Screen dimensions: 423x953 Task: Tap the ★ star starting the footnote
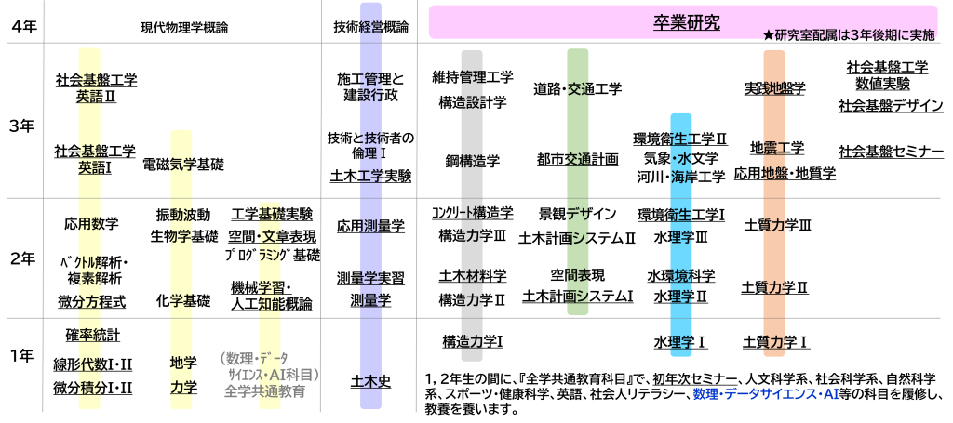pos(768,35)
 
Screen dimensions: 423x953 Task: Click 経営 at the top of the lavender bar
pos(371,27)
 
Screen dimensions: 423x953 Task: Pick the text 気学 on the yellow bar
pos(181,165)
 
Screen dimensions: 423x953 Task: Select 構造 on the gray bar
pos(472,161)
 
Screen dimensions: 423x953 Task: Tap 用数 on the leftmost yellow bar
pos(89,223)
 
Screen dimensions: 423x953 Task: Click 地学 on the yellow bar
pos(181,363)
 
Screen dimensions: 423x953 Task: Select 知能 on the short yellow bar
pos(270,304)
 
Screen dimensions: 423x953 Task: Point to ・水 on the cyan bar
pos(682,158)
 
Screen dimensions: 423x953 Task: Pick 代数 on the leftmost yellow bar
pos(89,365)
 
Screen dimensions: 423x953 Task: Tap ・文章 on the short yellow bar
pos(270,237)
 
